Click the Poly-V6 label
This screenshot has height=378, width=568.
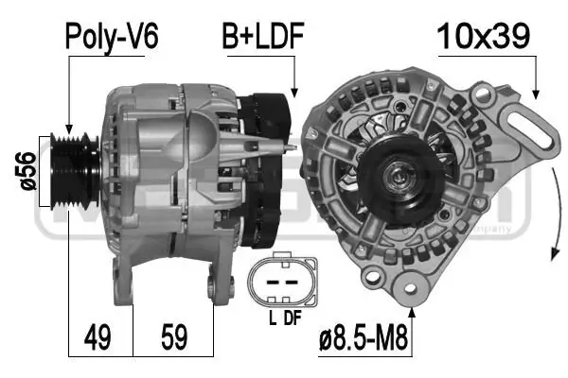coord(111,37)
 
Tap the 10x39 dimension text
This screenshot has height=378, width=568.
coord(483,37)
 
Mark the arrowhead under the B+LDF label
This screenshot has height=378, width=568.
coord(294,94)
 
